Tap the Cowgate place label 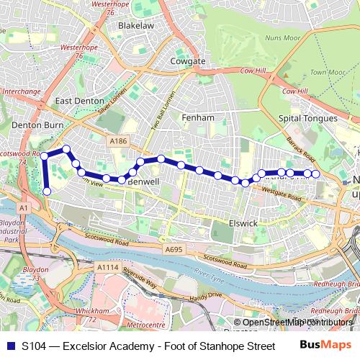(x=187, y=61)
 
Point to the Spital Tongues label (x=307, y=118)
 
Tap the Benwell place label (x=142, y=182)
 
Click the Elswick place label (x=242, y=223)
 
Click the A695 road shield (x=174, y=249)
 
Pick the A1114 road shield (x=107, y=266)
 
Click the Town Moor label (x=328, y=73)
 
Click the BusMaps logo (x=326, y=345)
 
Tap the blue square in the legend (x=11, y=346)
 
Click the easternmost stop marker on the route (x=315, y=174)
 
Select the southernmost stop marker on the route (x=47, y=192)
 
